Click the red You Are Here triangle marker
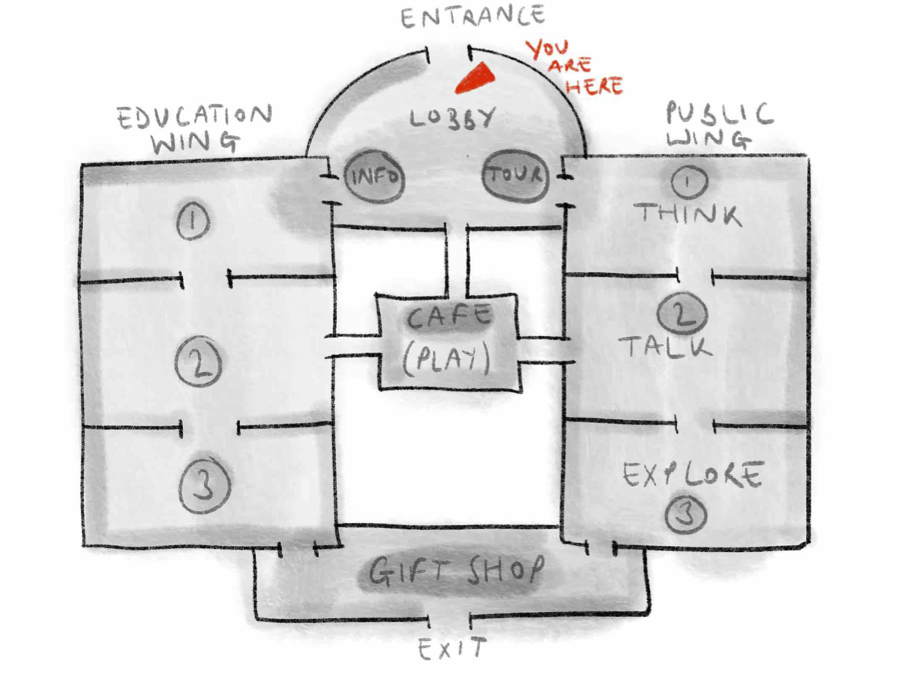pyautogui.click(x=475, y=78)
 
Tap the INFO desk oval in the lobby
pyautogui.click(x=375, y=177)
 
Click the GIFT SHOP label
pyautogui.click(x=455, y=571)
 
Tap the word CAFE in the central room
pyautogui.click(x=449, y=316)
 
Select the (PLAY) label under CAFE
pyautogui.click(x=448, y=357)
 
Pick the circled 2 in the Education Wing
pyautogui.click(x=198, y=363)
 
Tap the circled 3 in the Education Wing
pyautogui.click(x=205, y=486)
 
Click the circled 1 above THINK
pyautogui.click(x=688, y=182)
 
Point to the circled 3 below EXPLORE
pyautogui.click(x=685, y=514)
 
